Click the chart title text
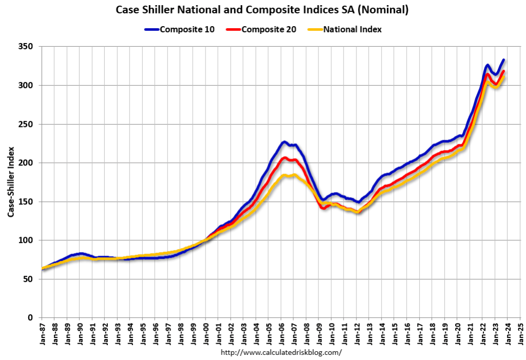262,10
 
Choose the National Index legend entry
345,29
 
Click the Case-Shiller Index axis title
11,182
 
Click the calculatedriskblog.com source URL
281,353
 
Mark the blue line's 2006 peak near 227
284,142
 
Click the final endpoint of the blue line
503,60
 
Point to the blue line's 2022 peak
487,65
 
